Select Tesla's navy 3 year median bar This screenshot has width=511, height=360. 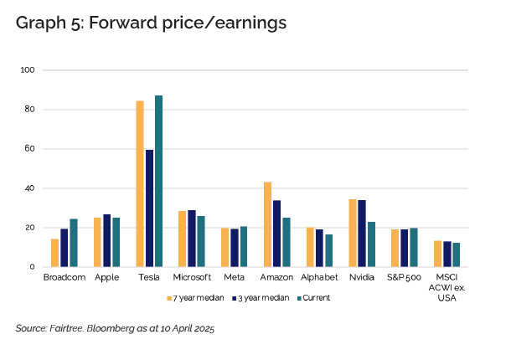pos(149,208)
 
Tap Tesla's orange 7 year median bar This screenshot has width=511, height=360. pos(140,184)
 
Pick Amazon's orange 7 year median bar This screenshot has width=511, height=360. pos(268,224)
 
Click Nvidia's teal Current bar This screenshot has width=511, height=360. pos(371,244)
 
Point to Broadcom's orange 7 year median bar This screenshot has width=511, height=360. pos(54,253)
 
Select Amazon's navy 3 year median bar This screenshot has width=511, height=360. pos(277,234)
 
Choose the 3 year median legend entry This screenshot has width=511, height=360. pos(263,297)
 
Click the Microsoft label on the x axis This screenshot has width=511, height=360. pos(192,277)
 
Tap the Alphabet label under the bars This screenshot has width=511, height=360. pos(319,277)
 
